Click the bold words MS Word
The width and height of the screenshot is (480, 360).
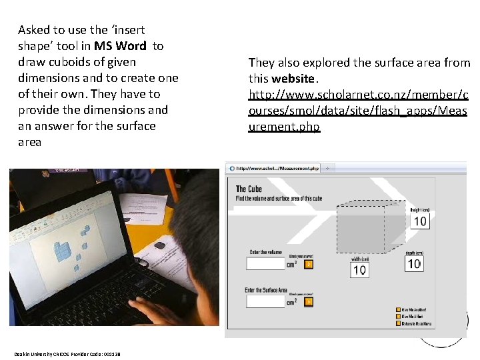click(120, 46)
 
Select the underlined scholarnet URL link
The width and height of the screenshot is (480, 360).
click(359, 110)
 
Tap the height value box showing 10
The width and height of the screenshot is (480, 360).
click(420, 221)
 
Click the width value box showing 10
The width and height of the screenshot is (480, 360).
click(359, 269)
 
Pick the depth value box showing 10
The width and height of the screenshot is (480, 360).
click(414, 263)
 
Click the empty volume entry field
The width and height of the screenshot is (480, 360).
click(265, 263)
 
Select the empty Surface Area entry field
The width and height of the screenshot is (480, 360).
click(265, 301)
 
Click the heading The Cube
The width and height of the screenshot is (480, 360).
click(249, 189)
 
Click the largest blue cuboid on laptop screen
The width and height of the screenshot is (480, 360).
click(65, 251)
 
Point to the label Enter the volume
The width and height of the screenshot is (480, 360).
click(266, 252)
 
